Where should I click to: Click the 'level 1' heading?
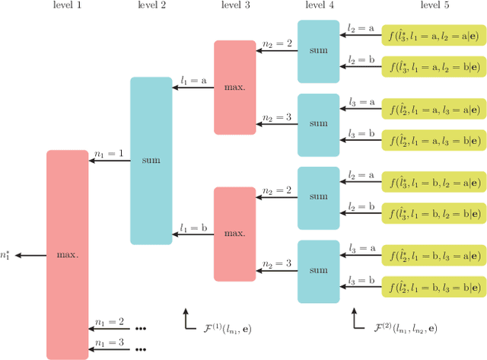[67, 7]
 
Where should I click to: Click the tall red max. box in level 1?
[67, 254]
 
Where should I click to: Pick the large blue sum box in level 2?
[151, 161]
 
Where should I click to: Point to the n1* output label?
[7, 255]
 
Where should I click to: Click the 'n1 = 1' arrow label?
[109, 154]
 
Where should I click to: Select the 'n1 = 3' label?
[109, 342]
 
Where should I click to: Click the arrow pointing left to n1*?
[30, 255]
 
